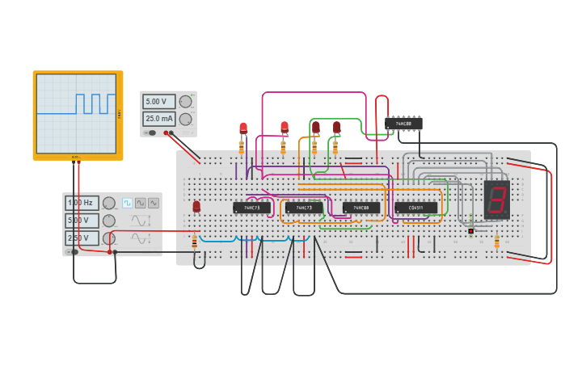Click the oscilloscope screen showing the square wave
[x=76, y=112]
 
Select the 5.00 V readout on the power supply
[x=158, y=102]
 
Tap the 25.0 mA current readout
[x=158, y=119]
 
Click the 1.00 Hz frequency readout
[x=82, y=203]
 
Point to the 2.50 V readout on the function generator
[x=82, y=238]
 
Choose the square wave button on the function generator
[x=127, y=203]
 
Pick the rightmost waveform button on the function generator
[x=153, y=203]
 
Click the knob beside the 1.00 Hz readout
[x=108, y=203]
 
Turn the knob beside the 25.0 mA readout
[x=185, y=119]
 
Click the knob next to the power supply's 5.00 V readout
[x=185, y=102]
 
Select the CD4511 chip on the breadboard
[x=415, y=208]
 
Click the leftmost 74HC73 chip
[x=252, y=208]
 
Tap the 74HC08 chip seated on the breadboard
[x=360, y=208]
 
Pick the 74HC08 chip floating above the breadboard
[x=403, y=124]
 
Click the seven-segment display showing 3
[x=496, y=200]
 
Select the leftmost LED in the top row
[x=242, y=128]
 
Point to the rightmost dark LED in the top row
[x=336, y=127]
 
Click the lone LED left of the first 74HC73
[x=196, y=207]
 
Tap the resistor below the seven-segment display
[x=496, y=241]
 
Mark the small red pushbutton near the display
[x=470, y=231]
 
